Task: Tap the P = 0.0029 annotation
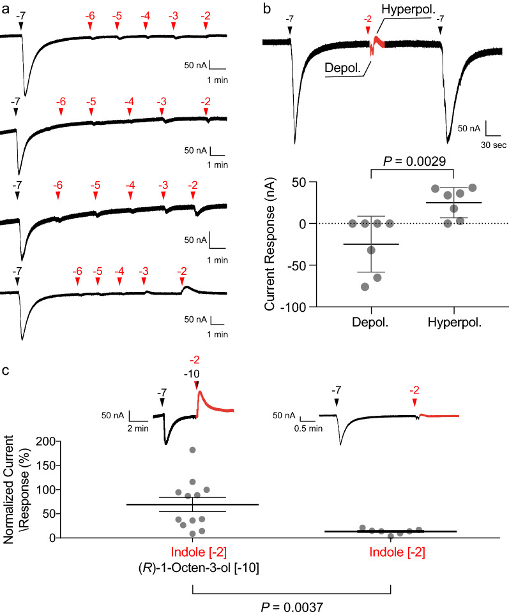click(411, 161)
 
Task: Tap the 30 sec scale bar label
click(494, 145)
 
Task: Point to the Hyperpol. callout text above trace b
click(409, 9)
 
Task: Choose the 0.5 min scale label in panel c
click(307, 427)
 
